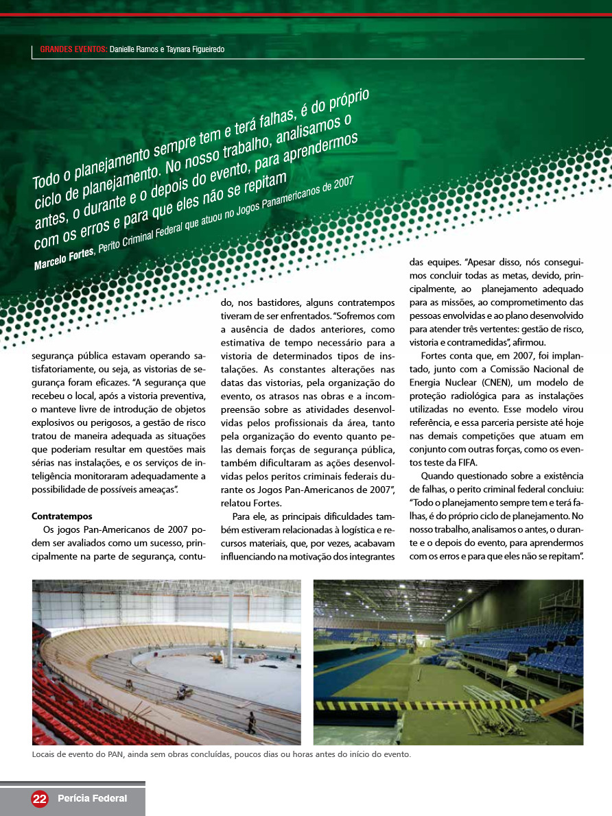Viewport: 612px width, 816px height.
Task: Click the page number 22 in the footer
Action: tap(40, 798)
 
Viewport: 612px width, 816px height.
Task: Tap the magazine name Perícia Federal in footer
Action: tap(93, 798)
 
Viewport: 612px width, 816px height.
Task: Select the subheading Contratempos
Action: tap(62, 516)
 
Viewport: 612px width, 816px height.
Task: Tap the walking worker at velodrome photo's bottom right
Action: tap(252, 722)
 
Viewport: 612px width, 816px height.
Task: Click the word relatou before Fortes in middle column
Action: tap(236, 503)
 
